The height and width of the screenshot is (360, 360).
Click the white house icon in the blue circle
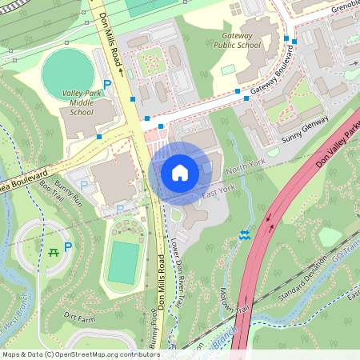(x=180, y=172)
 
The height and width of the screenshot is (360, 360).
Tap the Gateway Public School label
(x=237, y=40)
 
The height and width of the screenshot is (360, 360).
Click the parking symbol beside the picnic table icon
(x=68, y=247)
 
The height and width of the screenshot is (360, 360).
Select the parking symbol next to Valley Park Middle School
(x=107, y=84)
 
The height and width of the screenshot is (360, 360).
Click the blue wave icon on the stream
(x=245, y=234)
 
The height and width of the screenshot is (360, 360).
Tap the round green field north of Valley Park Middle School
(x=68, y=73)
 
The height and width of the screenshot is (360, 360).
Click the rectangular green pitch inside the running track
(x=123, y=263)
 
